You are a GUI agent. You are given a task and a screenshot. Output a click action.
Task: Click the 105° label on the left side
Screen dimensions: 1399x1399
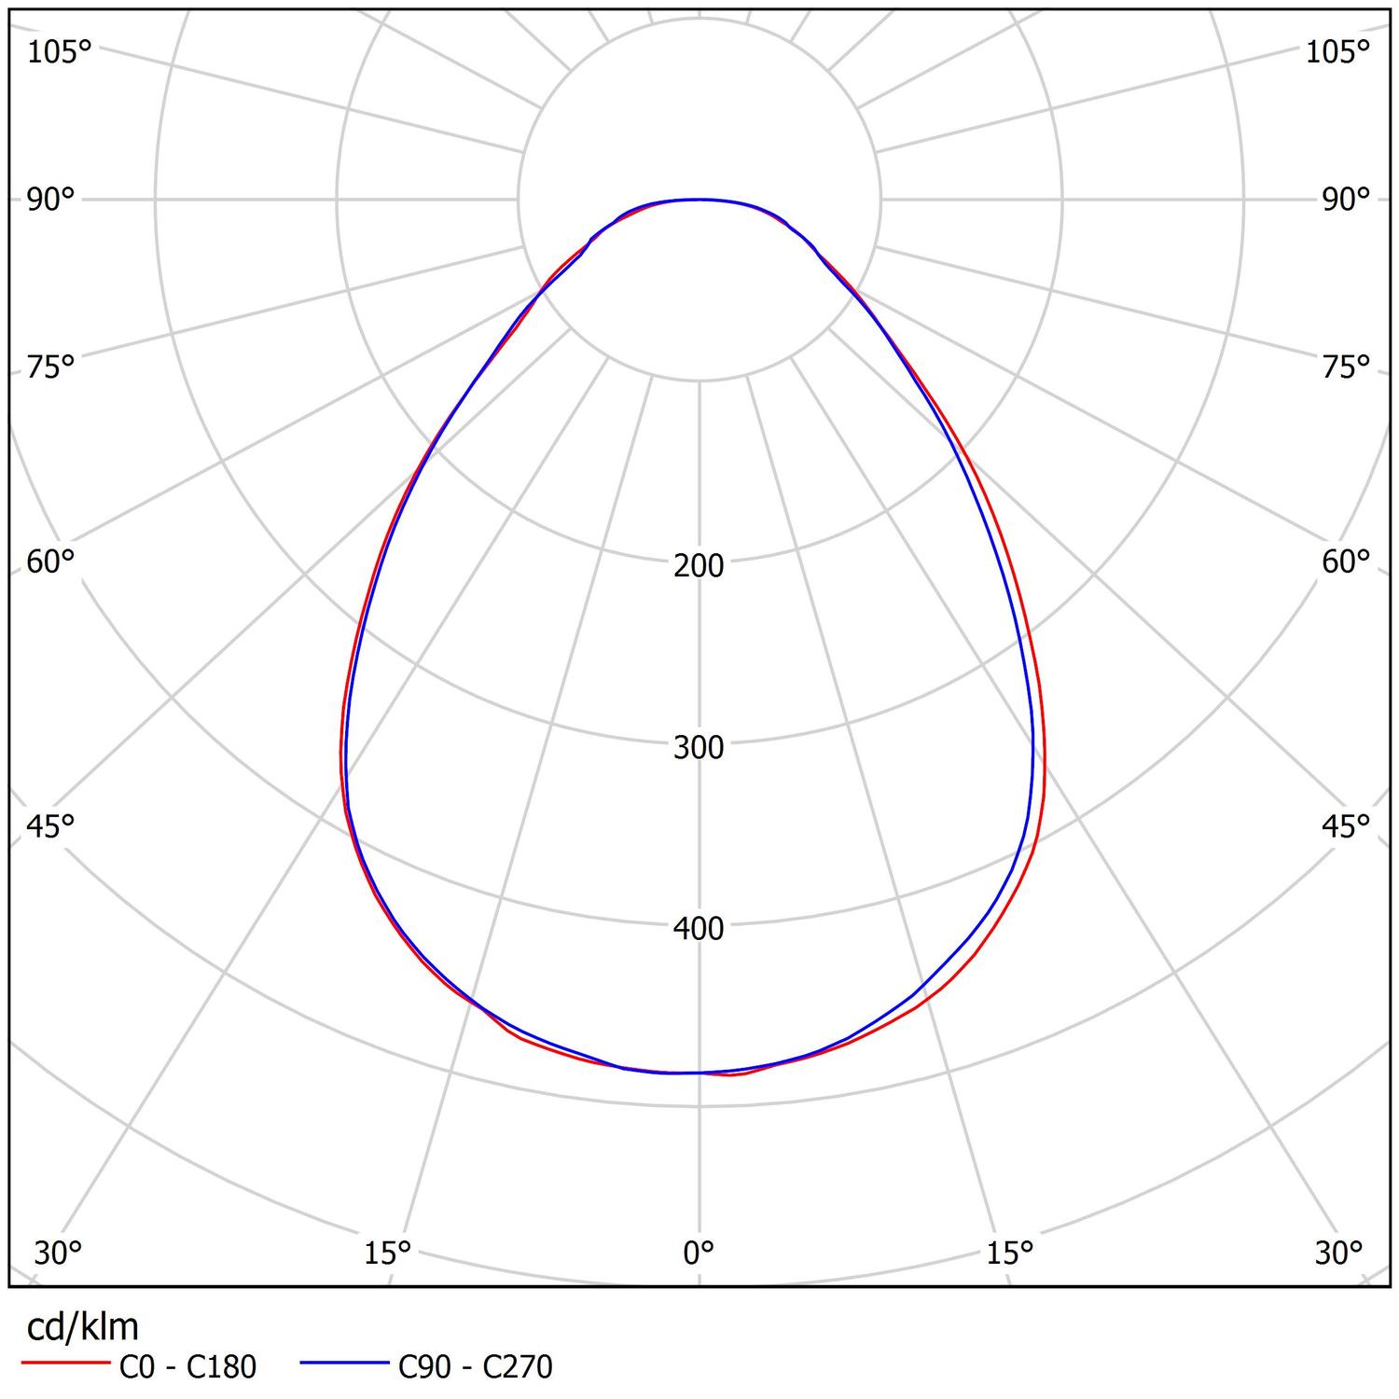tap(59, 52)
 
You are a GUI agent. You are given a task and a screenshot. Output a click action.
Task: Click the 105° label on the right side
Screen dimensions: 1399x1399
tap(1337, 52)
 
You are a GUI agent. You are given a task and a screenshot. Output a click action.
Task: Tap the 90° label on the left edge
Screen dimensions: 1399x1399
tap(50, 200)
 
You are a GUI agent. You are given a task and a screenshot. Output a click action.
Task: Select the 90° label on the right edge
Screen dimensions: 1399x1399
tap(1346, 200)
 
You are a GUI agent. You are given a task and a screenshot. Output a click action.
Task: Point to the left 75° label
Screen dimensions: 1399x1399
tap(50, 367)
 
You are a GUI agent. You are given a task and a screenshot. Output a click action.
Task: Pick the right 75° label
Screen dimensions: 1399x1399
tap(1346, 367)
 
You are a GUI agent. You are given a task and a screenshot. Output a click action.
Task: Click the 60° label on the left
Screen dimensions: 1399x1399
tap(50, 561)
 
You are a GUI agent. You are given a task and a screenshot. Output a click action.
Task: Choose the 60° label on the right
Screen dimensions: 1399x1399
tap(1346, 561)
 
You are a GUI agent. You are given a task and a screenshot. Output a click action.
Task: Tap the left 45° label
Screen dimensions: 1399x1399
tap(50, 825)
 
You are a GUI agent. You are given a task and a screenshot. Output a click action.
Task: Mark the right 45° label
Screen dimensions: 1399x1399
tap(1346, 825)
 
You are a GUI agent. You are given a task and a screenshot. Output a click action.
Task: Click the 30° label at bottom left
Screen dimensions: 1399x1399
tap(58, 1254)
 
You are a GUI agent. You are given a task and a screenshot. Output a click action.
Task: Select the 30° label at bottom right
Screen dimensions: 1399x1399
tap(1339, 1254)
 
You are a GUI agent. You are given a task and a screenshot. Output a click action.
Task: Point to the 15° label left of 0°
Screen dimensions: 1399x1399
tap(388, 1254)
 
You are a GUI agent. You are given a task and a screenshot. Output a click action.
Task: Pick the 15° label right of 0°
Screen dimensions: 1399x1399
tap(1010, 1254)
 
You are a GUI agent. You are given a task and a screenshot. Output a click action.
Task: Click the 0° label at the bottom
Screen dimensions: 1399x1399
tap(699, 1254)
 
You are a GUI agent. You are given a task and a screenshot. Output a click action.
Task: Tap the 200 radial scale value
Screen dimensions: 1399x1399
tap(699, 565)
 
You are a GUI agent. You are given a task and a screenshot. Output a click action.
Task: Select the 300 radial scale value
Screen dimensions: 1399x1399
tap(699, 747)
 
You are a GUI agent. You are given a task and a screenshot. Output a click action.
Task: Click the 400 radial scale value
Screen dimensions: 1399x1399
tap(699, 928)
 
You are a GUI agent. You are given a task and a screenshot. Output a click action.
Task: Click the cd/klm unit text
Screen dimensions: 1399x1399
tap(83, 1326)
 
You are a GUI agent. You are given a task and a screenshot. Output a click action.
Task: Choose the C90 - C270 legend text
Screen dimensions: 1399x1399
tap(476, 1367)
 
